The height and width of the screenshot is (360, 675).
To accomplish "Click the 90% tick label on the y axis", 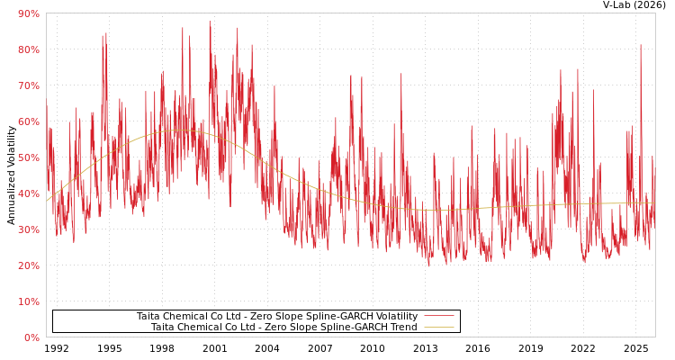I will point(28,13).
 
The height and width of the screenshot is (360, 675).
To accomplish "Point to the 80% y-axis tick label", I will point(28,49).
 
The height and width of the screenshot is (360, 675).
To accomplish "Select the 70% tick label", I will point(28,85).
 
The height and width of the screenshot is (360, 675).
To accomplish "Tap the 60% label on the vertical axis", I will point(28,121).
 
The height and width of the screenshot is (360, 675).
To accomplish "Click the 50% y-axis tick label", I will point(28,157).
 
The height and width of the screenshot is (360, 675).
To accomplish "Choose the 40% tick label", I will point(28,193).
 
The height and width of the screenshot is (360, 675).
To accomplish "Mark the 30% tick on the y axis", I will point(28,229).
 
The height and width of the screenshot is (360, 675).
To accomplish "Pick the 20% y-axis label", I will point(28,265).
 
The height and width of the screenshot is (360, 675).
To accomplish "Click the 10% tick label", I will point(28,301).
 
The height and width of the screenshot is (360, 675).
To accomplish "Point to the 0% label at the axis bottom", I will point(31,337).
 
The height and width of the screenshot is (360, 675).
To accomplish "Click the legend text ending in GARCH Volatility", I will point(276,316).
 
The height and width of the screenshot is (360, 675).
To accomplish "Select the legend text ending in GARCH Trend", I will point(283,327).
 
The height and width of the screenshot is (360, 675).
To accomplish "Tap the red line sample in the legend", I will point(438,316).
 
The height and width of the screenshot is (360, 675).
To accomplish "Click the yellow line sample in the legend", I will point(438,327).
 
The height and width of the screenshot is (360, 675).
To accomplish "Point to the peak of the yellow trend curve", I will point(180,130).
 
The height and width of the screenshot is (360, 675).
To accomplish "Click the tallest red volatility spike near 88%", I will point(210,22).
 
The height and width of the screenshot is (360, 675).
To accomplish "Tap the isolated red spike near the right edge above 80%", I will point(641,45).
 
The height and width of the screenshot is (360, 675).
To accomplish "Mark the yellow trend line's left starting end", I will point(47,200).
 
